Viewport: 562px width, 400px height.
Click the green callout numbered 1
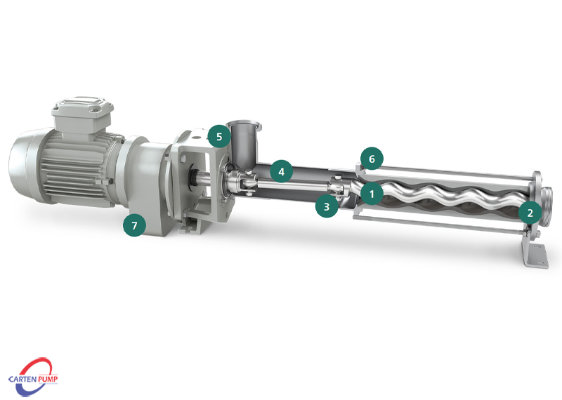pos(372,194)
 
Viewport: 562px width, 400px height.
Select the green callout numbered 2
pos(530,213)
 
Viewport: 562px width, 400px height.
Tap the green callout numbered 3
pos(327,206)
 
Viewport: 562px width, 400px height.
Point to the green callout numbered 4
pos(282,171)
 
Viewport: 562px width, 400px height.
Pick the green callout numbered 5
pos(219,136)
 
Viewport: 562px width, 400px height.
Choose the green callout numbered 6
pos(372,159)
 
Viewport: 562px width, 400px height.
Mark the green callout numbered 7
pos(134,225)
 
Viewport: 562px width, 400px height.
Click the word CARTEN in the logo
pos(23,379)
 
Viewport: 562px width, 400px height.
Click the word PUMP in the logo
pos(48,378)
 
